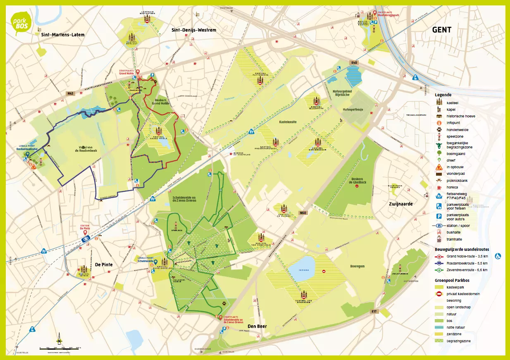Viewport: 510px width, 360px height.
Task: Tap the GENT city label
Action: click(441, 30)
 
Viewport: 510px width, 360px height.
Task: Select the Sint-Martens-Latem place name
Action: click(63, 35)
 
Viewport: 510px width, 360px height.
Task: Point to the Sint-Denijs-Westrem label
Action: click(194, 30)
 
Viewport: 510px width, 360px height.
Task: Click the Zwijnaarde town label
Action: click(400, 204)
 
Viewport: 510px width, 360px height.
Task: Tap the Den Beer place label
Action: click(257, 326)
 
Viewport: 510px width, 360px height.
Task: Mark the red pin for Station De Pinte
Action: click(84, 232)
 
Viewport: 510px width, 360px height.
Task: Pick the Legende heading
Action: click(443, 95)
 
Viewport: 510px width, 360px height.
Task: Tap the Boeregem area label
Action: click(357, 267)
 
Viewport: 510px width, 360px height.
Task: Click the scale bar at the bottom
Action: click(60, 349)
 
